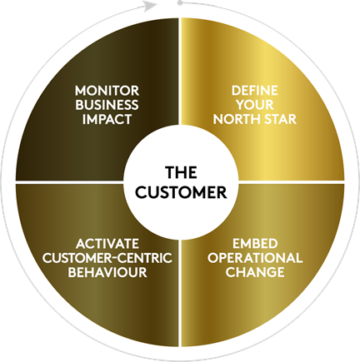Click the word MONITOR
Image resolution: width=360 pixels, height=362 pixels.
107,91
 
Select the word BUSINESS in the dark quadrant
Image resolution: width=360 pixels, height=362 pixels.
107,105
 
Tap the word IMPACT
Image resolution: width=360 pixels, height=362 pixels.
107,119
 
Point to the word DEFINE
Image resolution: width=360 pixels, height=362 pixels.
254,91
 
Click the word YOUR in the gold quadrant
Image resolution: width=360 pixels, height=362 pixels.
255,105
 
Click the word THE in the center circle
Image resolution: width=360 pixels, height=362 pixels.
182,172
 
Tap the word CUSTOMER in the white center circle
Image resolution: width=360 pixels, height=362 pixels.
182,192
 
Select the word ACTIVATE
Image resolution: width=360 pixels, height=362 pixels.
107,244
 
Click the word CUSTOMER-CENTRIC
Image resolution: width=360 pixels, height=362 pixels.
107,258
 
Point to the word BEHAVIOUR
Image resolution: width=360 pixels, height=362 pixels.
107,272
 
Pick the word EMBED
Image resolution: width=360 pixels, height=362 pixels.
255,244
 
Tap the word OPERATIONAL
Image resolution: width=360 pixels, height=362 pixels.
255,258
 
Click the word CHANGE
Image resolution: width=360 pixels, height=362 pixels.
255,272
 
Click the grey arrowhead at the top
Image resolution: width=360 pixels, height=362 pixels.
150,6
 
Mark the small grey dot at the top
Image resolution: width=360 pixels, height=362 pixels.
180,3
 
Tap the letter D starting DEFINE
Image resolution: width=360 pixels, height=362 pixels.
236,91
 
